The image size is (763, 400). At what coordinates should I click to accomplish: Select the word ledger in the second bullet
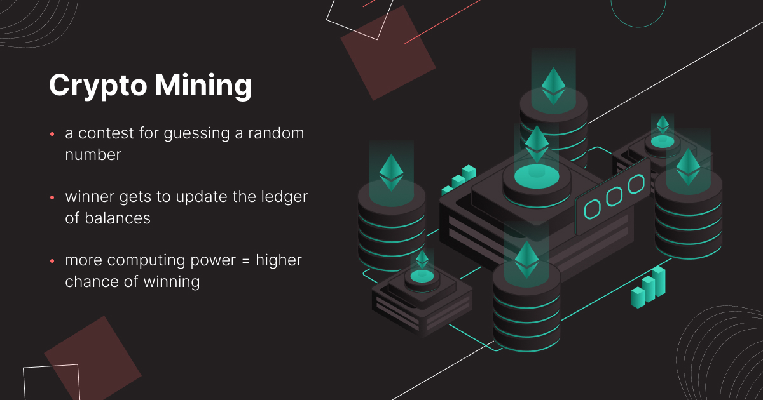click(285, 197)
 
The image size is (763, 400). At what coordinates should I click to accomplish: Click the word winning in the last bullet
click(174, 281)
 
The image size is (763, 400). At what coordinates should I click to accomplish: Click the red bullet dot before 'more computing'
click(52, 262)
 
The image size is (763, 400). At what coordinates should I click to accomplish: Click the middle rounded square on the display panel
click(614, 197)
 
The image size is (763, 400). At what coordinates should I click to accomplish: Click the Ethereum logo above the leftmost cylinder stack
click(391, 171)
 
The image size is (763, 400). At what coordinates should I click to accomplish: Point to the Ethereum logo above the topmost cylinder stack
click(553, 86)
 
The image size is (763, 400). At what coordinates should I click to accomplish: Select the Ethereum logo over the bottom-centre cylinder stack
click(526, 259)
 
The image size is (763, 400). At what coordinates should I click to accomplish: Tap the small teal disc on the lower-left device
click(422, 276)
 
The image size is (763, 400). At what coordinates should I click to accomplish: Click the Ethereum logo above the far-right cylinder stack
click(688, 167)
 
